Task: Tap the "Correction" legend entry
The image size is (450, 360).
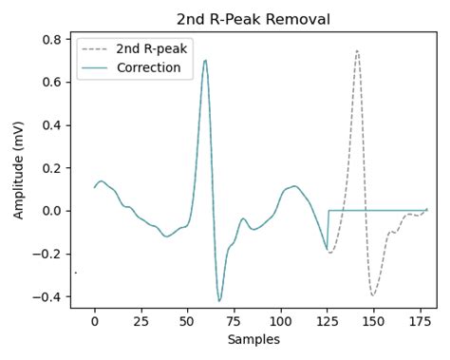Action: point(147,68)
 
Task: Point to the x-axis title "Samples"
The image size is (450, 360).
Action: point(254,339)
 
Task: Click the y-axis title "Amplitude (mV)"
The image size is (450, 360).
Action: point(19,170)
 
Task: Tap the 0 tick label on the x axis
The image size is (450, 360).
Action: point(94,322)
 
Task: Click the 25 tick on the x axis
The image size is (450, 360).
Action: point(141,322)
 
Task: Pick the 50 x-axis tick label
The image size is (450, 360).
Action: point(187,322)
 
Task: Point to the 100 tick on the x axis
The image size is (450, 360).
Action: point(280,322)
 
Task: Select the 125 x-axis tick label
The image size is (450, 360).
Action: point(327,322)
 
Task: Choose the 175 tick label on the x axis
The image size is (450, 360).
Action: point(420,322)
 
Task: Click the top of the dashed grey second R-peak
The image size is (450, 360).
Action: point(357,51)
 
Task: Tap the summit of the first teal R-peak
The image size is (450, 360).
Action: point(205,61)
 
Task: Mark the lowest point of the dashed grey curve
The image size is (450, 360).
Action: point(373,295)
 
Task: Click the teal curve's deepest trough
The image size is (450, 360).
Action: point(219,301)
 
